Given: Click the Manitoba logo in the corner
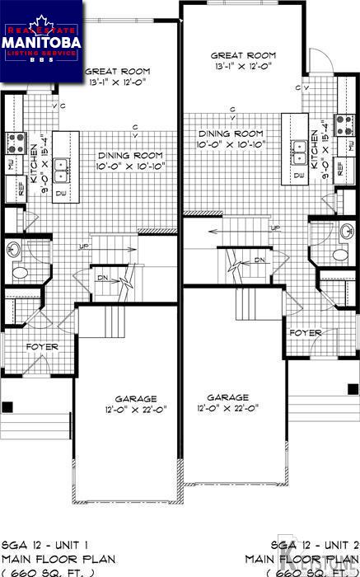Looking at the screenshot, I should pyautogui.click(x=41, y=41).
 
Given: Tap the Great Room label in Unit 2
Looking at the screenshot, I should pyautogui.click(x=243, y=56).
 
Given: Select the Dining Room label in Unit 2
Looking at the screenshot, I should pyautogui.click(x=230, y=133).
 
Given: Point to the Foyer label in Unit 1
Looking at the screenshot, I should pyautogui.click(x=42, y=346).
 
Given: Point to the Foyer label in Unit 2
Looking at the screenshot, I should pyautogui.click(x=305, y=332).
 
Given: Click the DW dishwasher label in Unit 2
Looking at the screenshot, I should pyautogui.click(x=298, y=176).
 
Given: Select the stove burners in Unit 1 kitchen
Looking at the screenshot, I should pyautogui.click(x=16, y=143).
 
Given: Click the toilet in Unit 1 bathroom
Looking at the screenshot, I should pyautogui.click(x=18, y=271).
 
